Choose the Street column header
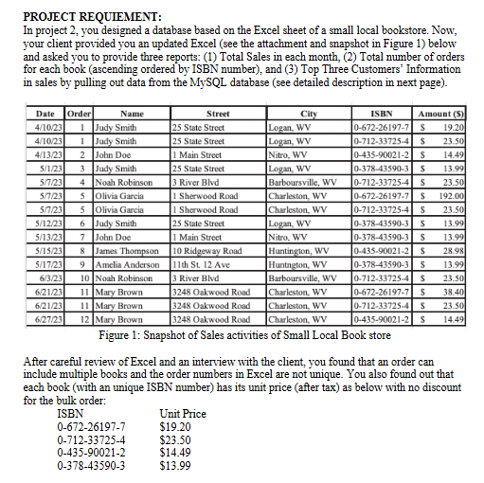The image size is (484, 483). pyautogui.click(x=217, y=113)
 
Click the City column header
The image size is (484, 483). pyautogui.click(x=309, y=113)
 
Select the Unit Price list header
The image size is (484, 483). pyautogui.click(x=183, y=414)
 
